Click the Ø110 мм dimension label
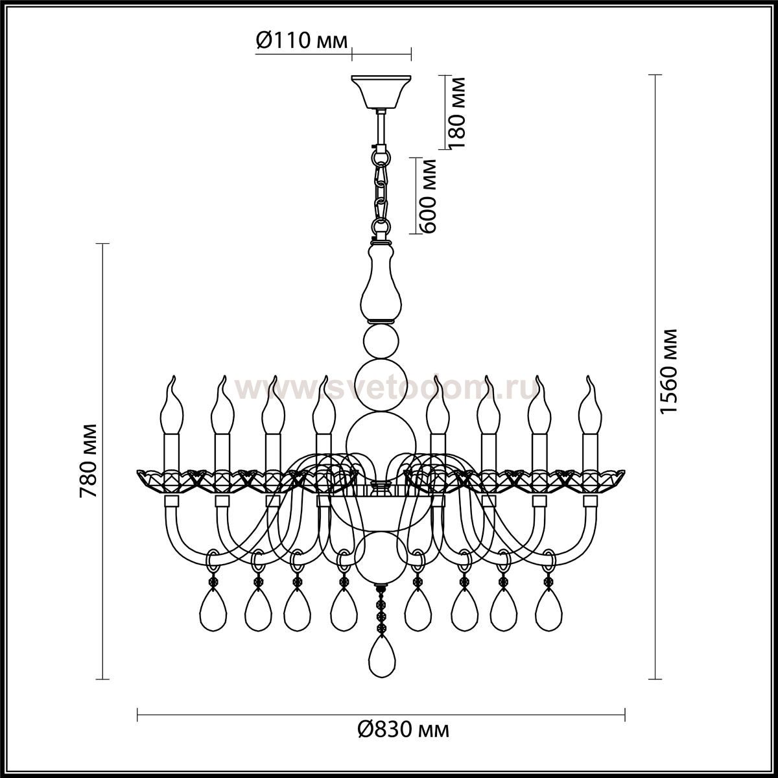coord(301,40)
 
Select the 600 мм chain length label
coord(427,195)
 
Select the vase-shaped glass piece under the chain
coord(381,282)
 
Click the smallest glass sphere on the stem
coord(381,342)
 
